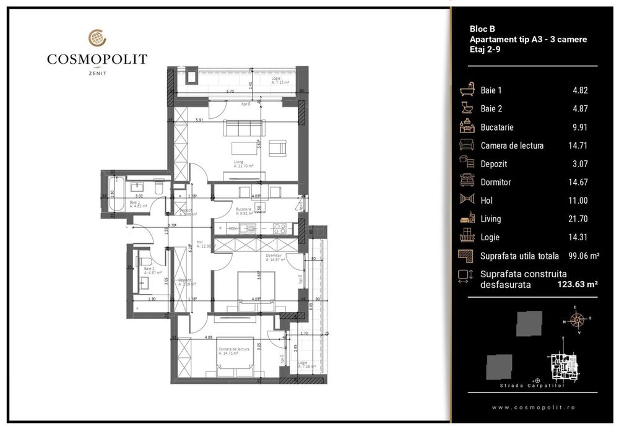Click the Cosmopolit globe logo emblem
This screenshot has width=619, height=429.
pos(97,38)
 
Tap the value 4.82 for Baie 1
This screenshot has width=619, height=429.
pos(580,90)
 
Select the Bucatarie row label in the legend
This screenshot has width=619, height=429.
pos(497,128)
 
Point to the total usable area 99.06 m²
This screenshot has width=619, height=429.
pos(580,256)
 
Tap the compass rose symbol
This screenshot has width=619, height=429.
pos(577,321)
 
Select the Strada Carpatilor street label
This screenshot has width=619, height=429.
pos(524,386)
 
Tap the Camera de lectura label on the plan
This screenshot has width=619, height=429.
pos(233,350)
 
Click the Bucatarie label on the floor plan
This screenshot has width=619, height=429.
pos(244,210)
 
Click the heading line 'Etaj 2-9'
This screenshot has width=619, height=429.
pos(485,50)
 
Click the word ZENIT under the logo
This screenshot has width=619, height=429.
pos(97,73)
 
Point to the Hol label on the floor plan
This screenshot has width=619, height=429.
pos(199,242)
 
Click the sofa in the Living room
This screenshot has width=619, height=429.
pos(243,128)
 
